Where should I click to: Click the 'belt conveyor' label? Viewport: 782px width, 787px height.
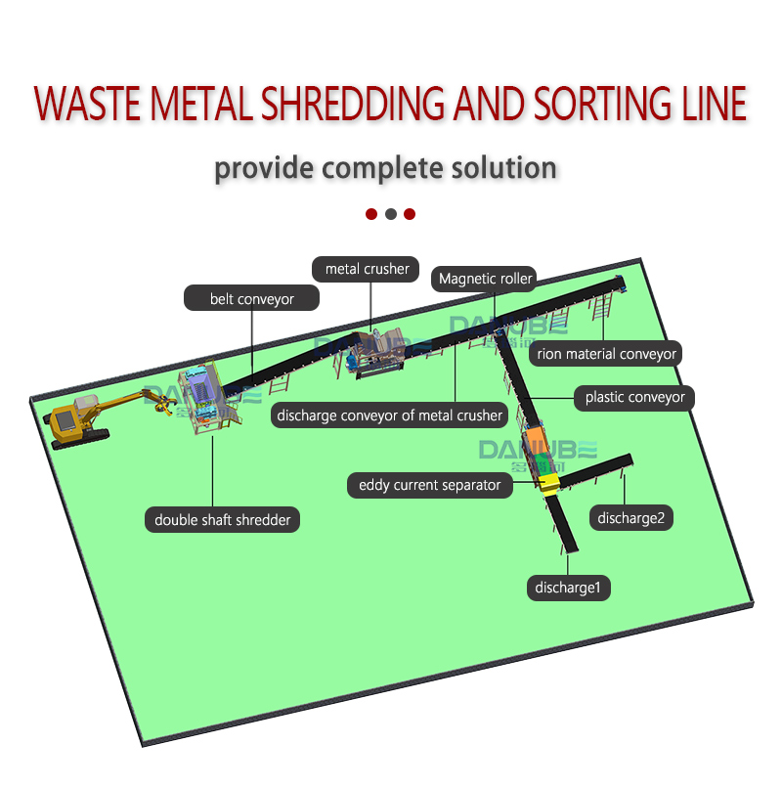click(251, 298)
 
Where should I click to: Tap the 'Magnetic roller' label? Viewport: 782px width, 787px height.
click(485, 279)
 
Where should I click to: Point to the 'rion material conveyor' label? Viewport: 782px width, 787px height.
click(606, 354)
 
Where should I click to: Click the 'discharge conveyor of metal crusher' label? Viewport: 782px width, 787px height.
click(389, 415)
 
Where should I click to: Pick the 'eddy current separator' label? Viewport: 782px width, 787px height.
click(429, 485)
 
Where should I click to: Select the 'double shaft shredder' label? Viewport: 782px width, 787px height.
click(222, 520)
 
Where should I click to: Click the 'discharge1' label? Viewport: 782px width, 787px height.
click(572, 588)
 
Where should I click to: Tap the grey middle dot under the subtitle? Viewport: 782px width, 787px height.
click(390, 214)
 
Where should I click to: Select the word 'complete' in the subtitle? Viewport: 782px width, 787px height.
click(377, 168)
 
